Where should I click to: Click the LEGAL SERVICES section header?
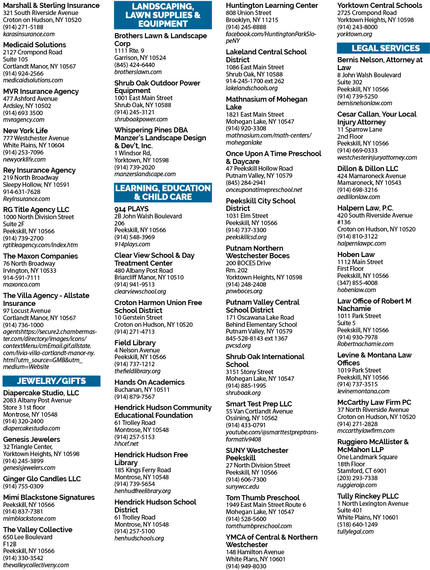385,48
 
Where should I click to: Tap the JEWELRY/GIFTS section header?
51,381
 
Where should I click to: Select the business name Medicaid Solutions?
35,45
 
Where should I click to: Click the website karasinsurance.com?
29,34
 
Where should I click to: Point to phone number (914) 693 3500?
23,113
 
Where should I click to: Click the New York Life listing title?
26,130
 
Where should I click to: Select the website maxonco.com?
21,284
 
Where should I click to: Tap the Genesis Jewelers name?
32,440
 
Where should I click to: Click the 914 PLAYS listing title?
131,209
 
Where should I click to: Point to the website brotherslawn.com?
138,72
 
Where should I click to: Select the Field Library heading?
135,343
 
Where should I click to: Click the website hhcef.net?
126,443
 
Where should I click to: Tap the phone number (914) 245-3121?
134,112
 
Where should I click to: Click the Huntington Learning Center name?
272,6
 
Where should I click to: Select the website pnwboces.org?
244,291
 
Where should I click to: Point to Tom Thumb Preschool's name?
263,497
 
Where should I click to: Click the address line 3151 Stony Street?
250,372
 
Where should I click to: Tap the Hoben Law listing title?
356,255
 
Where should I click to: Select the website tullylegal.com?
355,532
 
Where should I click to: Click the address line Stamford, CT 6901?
362,471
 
